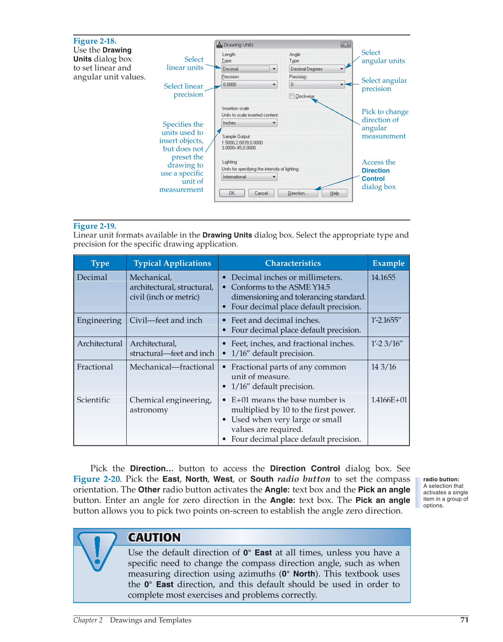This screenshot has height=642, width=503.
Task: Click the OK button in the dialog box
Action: (x=232, y=193)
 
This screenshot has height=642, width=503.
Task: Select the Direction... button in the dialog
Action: (x=298, y=193)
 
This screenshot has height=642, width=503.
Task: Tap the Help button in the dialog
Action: (x=334, y=193)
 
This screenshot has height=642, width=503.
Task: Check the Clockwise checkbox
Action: (x=292, y=96)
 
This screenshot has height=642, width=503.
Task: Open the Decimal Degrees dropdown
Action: (x=317, y=69)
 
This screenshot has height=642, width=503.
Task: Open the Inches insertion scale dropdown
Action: (x=249, y=123)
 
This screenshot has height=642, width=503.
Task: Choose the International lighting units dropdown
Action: (x=249, y=177)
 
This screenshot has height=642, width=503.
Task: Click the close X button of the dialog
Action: (x=346, y=44)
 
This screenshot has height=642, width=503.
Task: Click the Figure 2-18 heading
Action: (x=95, y=41)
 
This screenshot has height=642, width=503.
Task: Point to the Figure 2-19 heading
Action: (x=95, y=226)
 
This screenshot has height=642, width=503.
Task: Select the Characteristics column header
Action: (x=293, y=263)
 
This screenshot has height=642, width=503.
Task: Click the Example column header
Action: (x=388, y=263)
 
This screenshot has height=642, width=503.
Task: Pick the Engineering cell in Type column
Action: (x=99, y=320)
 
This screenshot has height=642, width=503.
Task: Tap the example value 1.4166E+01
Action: (x=389, y=400)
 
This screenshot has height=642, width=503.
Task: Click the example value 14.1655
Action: (x=383, y=277)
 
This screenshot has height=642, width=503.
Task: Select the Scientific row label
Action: (x=94, y=400)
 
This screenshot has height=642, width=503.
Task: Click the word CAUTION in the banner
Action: (x=154, y=537)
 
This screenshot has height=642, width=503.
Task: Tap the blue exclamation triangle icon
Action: (x=97, y=549)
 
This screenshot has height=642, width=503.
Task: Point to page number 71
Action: (x=464, y=620)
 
